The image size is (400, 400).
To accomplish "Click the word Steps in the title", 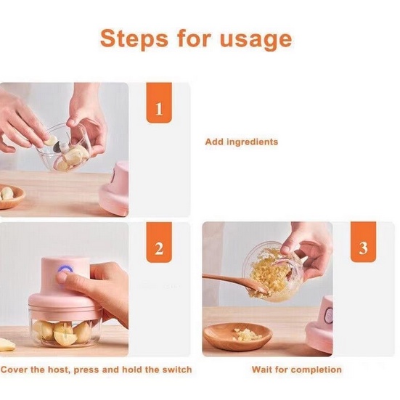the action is (x=134, y=38).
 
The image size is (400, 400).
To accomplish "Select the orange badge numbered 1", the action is (x=159, y=102).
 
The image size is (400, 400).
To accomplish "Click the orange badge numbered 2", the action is (x=159, y=242).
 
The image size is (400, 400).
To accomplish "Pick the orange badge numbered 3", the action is (x=363, y=242).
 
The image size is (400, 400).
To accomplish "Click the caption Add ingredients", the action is (x=241, y=142).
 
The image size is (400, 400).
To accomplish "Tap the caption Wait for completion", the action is (x=297, y=370).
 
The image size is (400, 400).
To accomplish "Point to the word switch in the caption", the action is (x=177, y=370).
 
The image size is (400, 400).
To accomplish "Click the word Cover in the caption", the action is (x=15, y=370).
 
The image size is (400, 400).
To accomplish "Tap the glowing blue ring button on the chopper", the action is (x=65, y=270).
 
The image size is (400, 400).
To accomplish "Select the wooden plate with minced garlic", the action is (x=238, y=336).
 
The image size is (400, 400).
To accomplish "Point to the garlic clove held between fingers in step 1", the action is (x=52, y=141).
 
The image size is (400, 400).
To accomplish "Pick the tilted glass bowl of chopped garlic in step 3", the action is (x=273, y=271).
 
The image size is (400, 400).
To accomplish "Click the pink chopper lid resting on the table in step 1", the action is (x=114, y=188).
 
